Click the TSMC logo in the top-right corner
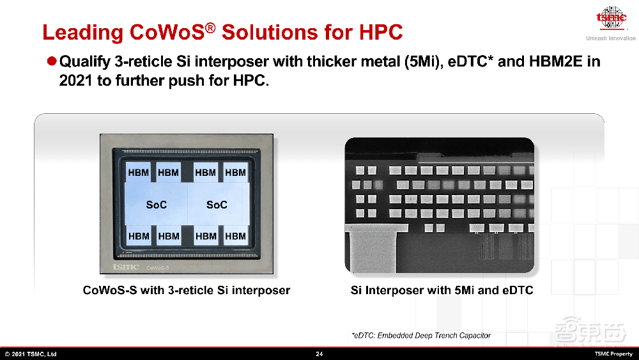coord(611,18)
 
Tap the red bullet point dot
coord(52,61)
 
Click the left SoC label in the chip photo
coord(157,205)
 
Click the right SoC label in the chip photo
coord(217,205)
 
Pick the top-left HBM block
coord(139,173)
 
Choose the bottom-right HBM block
coord(236,236)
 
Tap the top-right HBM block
coord(236,173)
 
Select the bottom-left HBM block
coord(139,236)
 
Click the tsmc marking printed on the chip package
coord(127,267)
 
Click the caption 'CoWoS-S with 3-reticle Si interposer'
coord(186,290)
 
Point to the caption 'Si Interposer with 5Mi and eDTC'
coord(442,290)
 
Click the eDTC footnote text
coord(421,336)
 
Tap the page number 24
coord(319,354)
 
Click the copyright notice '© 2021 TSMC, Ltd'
coord(31,354)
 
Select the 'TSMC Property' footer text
coord(613,354)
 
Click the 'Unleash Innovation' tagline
coord(611,38)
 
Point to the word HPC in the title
coord(381,32)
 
